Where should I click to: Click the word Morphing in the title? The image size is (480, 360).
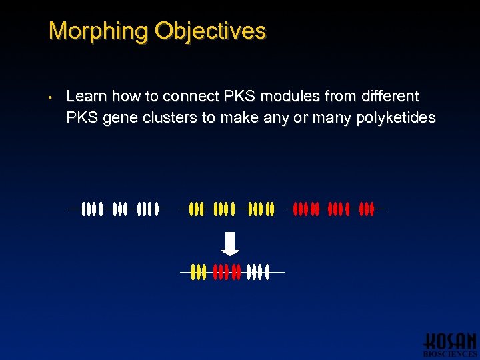pyautogui.click(x=98, y=31)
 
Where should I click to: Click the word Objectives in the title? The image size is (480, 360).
pyautogui.click(x=210, y=31)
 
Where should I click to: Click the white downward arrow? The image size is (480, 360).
pyautogui.click(x=230, y=243)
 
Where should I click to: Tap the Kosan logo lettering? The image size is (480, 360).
pyautogui.click(x=451, y=340)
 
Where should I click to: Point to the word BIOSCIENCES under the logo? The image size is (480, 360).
pyautogui.click(x=450, y=354)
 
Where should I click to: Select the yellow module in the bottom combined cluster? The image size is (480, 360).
pyautogui.click(x=198, y=272)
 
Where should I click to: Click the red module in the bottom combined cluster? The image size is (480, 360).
pyautogui.click(x=226, y=272)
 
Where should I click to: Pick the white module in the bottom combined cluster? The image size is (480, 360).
pyautogui.click(x=258, y=272)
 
